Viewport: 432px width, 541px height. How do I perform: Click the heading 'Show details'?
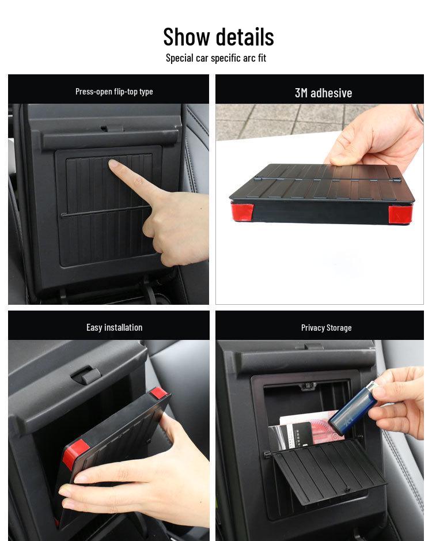tap(218, 37)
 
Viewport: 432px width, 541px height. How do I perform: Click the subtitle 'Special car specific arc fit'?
tap(216, 58)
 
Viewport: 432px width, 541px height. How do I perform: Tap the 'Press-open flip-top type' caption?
tap(114, 91)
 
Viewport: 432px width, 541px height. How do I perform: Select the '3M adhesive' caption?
tap(323, 93)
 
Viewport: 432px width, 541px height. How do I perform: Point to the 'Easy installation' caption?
tap(114, 327)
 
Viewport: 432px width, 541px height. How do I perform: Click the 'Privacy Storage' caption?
tap(326, 327)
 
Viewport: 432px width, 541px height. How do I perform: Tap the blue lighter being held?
tap(352, 408)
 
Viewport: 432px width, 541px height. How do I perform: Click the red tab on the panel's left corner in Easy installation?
tap(75, 453)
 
